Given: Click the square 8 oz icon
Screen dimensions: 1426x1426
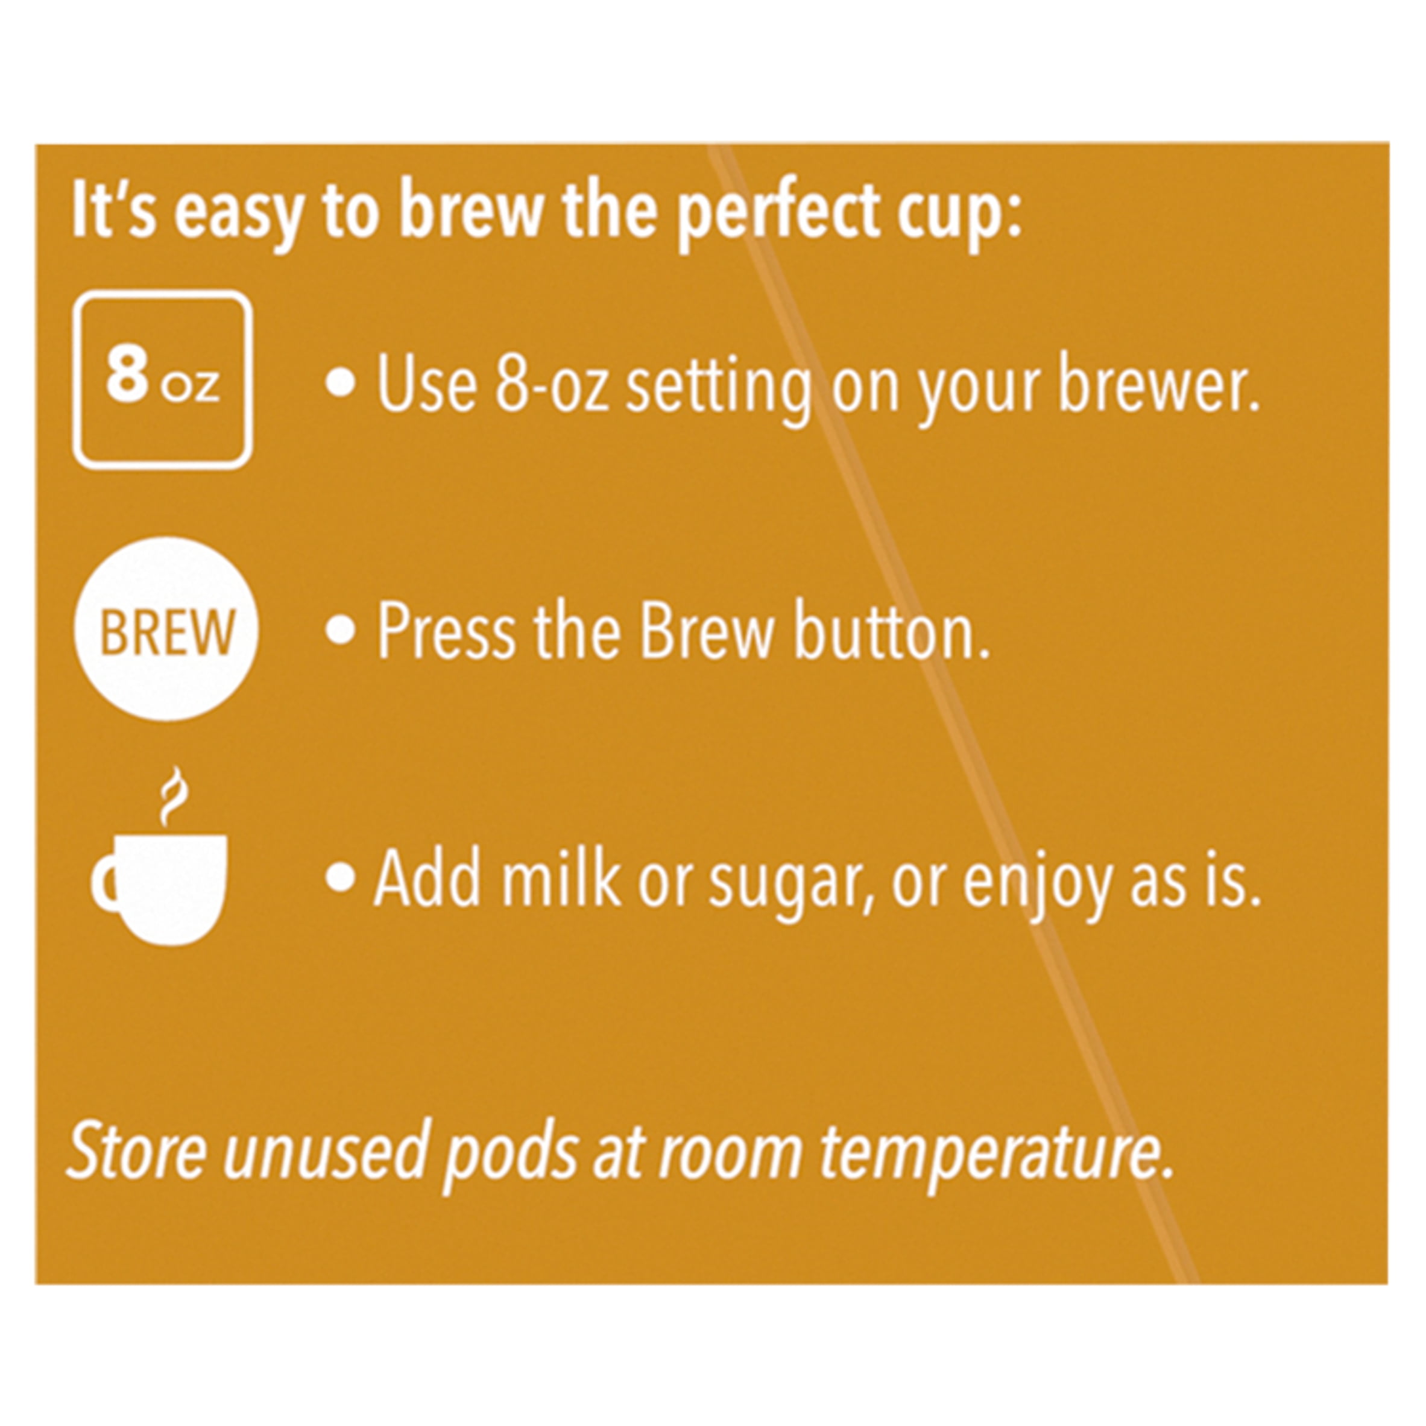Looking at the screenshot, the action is coord(162,382).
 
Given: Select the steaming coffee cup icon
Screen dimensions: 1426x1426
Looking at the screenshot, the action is coord(159,863).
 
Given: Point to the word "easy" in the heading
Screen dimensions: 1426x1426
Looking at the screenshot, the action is coord(238,214).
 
